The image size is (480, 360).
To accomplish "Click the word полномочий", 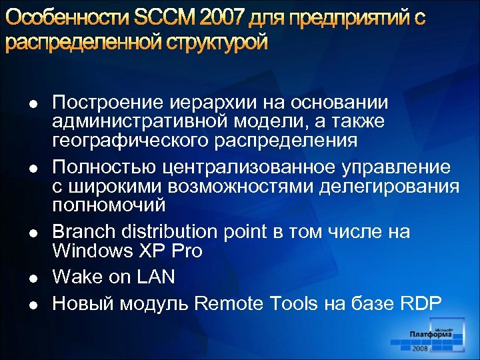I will coord(109,205).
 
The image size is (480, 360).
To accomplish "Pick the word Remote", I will coord(231,303).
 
